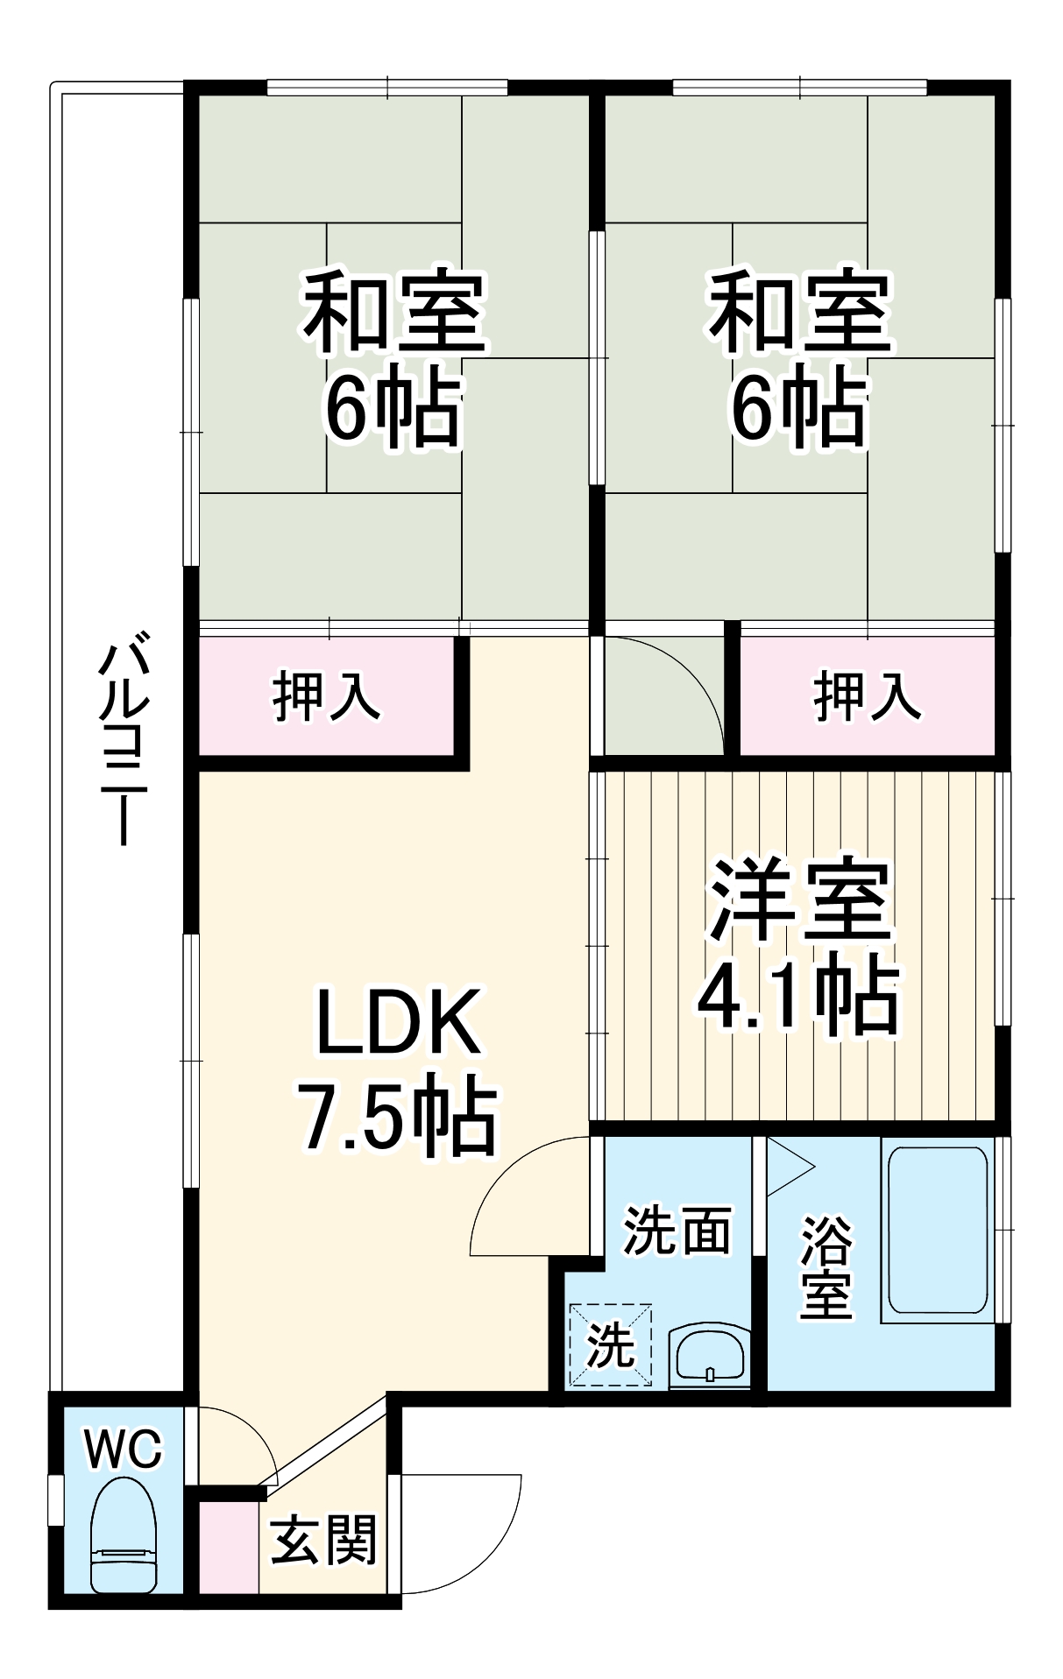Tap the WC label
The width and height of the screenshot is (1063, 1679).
pos(123,1450)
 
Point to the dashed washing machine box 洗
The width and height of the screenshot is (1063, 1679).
pos(611,1344)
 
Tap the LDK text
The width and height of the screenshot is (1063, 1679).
pos(398,1022)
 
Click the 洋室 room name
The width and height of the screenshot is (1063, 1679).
pos(799,902)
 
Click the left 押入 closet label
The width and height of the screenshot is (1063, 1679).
pos(326,696)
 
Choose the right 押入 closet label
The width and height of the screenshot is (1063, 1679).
pos(867,696)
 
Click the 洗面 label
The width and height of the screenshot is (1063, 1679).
pos(676,1231)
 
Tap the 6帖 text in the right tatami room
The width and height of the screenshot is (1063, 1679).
pos(799,409)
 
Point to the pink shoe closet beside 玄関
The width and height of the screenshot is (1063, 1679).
pos(229,1548)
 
